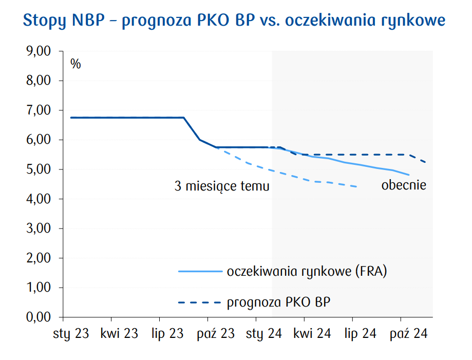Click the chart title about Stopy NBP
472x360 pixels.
(x=234, y=21)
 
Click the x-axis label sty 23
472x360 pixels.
(x=71, y=334)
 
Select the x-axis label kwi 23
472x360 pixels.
(x=119, y=334)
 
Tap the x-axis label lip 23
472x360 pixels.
(x=167, y=334)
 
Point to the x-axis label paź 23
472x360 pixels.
(x=216, y=334)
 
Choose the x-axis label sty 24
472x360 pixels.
(x=264, y=334)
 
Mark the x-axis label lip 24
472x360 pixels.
(x=361, y=334)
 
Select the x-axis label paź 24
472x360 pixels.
(x=409, y=334)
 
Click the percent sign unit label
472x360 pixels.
(x=75, y=64)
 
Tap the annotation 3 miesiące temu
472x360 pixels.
(x=222, y=186)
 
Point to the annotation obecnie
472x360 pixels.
(x=404, y=185)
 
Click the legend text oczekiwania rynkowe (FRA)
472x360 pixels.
(x=307, y=271)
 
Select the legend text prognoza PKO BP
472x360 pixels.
(x=278, y=302)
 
